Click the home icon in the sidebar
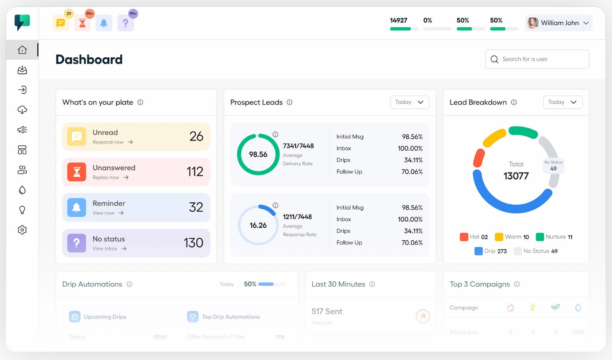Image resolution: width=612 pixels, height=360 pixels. tap(22, 50)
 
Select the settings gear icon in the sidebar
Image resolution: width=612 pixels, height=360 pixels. tap(22, 230)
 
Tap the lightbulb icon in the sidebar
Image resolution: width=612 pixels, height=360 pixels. tap(22, 210)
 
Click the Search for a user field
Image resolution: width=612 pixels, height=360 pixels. tap(537, 59)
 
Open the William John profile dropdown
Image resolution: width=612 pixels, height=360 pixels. tap(559, 23)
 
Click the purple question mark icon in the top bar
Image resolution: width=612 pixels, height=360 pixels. tap(126, 23)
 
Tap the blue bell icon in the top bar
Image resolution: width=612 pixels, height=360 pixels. tap(104, 23)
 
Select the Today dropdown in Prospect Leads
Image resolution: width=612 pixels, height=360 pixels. tap(409, 102)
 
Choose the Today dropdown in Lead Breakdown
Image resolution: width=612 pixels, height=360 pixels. tap(562, 102)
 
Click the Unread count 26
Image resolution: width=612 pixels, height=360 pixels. tap(196, 136)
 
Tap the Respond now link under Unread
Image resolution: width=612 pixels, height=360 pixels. tap(112, 142)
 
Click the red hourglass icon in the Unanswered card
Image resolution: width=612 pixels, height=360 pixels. tap(77, 172)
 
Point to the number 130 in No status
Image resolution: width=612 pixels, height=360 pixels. tap(194, 243)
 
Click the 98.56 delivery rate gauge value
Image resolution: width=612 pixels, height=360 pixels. tap(258, 155)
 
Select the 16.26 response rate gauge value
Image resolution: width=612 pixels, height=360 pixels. tap(258, 225)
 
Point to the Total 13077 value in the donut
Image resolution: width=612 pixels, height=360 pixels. tap(516, 176)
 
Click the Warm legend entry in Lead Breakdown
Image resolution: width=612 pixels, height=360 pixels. tap(512, 237)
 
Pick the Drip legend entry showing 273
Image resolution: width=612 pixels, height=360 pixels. tap(491, 251)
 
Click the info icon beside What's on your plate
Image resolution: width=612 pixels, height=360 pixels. tap(140, 102)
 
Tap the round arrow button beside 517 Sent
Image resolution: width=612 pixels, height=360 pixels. tap(423, 316)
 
